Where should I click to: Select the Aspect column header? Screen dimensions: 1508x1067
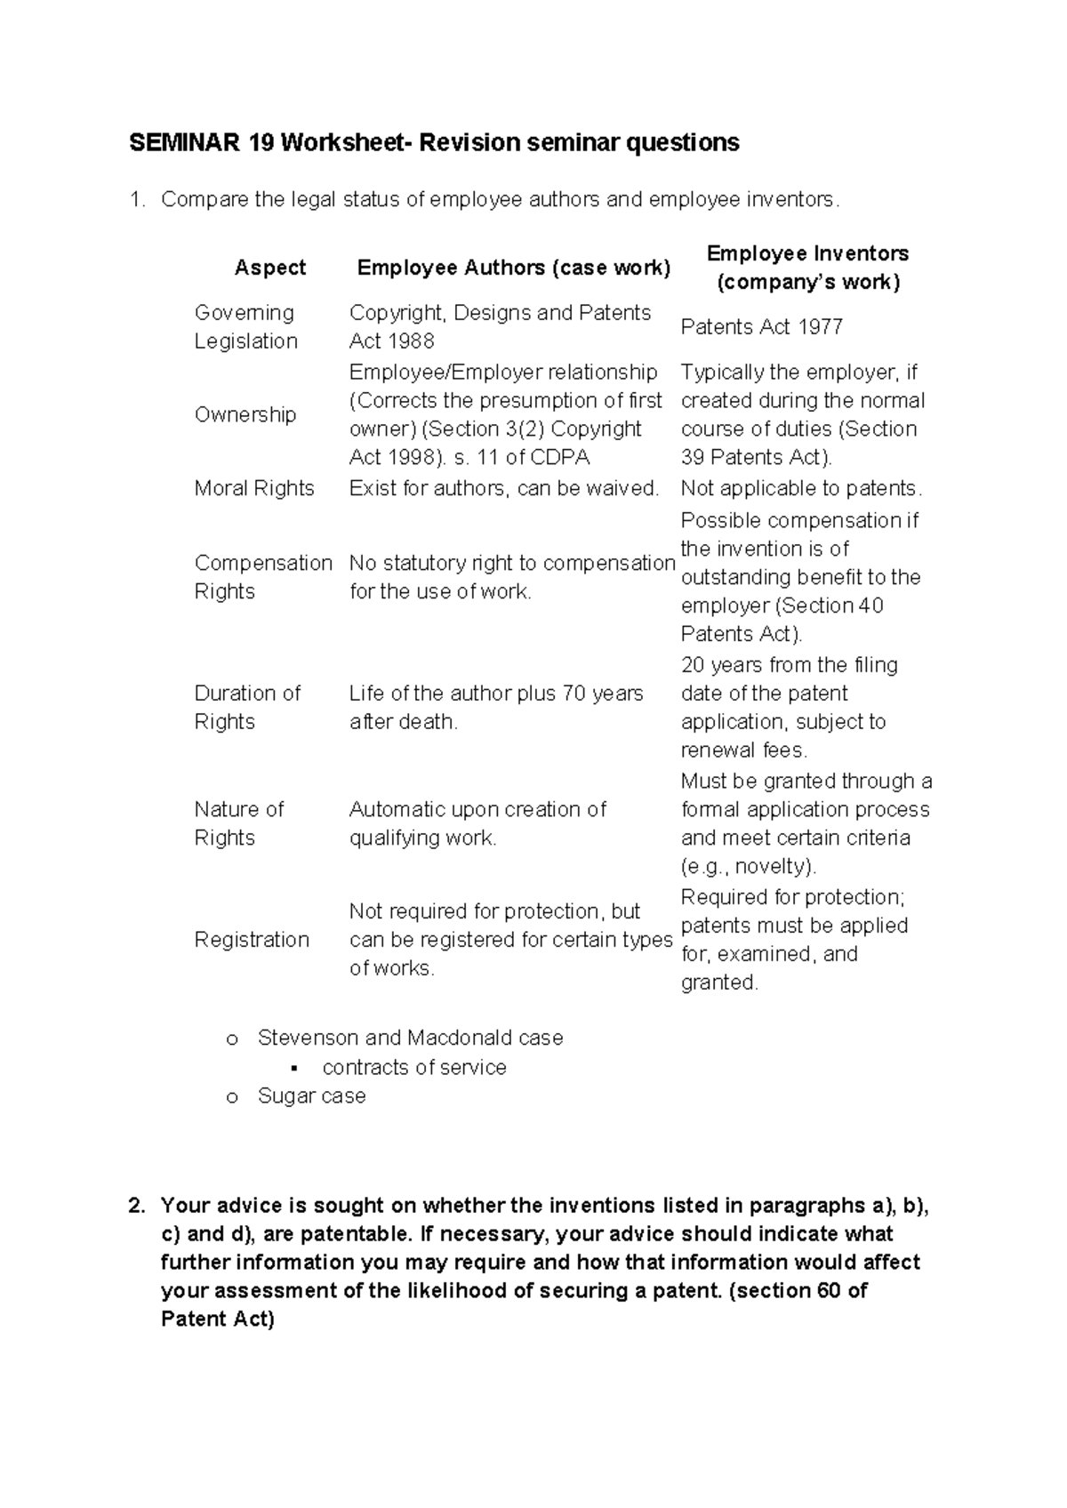pos(269,268)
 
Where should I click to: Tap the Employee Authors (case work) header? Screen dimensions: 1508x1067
pos(513,268)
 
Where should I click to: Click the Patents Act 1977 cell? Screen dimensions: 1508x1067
pos(761,327)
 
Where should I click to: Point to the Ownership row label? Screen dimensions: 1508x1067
pos(245,414)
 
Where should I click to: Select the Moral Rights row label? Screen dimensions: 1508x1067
pos(254,488)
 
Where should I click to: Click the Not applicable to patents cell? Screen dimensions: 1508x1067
pos(801,488)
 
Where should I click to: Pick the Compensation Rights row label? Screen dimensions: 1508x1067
pos(262,577)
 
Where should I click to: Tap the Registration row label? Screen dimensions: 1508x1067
pos(252,940)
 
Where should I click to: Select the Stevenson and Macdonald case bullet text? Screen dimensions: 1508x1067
pos(410,1038)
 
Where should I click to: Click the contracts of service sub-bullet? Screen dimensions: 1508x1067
pos(414,1067)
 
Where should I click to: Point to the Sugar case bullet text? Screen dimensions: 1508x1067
pos(311,1095)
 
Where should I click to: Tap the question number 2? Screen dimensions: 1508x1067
pos(136,1206)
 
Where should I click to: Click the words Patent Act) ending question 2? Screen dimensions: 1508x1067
pos(218,1319)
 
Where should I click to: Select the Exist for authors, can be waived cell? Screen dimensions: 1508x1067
pos(504,488)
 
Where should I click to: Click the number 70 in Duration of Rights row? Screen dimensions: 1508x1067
pos(574,694)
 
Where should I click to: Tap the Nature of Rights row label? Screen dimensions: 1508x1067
pos(238,823)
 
